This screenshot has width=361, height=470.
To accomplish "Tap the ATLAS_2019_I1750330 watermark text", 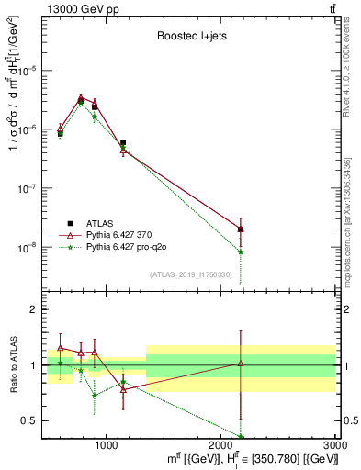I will pos(196,274).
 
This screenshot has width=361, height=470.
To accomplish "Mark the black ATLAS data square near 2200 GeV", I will pos(241,229).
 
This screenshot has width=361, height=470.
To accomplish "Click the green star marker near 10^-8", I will pos(241,251).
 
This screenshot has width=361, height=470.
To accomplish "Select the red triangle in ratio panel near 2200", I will pos(241,364).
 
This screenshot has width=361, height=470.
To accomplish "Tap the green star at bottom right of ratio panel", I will pos(241,437).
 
